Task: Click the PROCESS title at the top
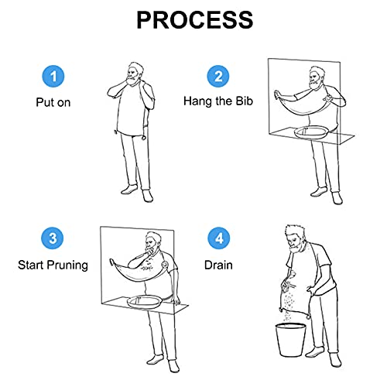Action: pyautogui.click(x=195, y=20)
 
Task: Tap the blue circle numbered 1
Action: pyautogui.click(x=53, y=77)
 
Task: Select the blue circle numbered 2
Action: pyautogui.click(x=218, y=77)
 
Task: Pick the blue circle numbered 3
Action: pyautogui.click(x=53, y=238)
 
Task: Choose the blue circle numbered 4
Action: pyautogui.click(x=219, y=238)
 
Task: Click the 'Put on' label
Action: pyautogui.click(x=53, y=102)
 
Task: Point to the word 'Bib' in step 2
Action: pyautogui.click(x=244, y=101)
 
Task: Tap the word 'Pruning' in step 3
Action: pyautogui.click(x=68, y=265)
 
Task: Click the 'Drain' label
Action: pyautogui.click(x=218, y=265)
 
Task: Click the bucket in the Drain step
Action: pyautogui.click(x=290, y=340)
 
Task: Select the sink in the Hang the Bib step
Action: pyautogui.click(x=310, y=133)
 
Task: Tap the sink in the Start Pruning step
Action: pyautogui.click(x=145, y=302)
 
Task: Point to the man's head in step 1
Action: pyautogui.click(x=135, y=74)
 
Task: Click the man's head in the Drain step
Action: pyautogui.click(x=296, y=238)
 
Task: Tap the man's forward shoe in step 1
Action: pyautogui.click(x=148, y=196)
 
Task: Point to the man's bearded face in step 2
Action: pyautogui.click(x=316, y=79)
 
